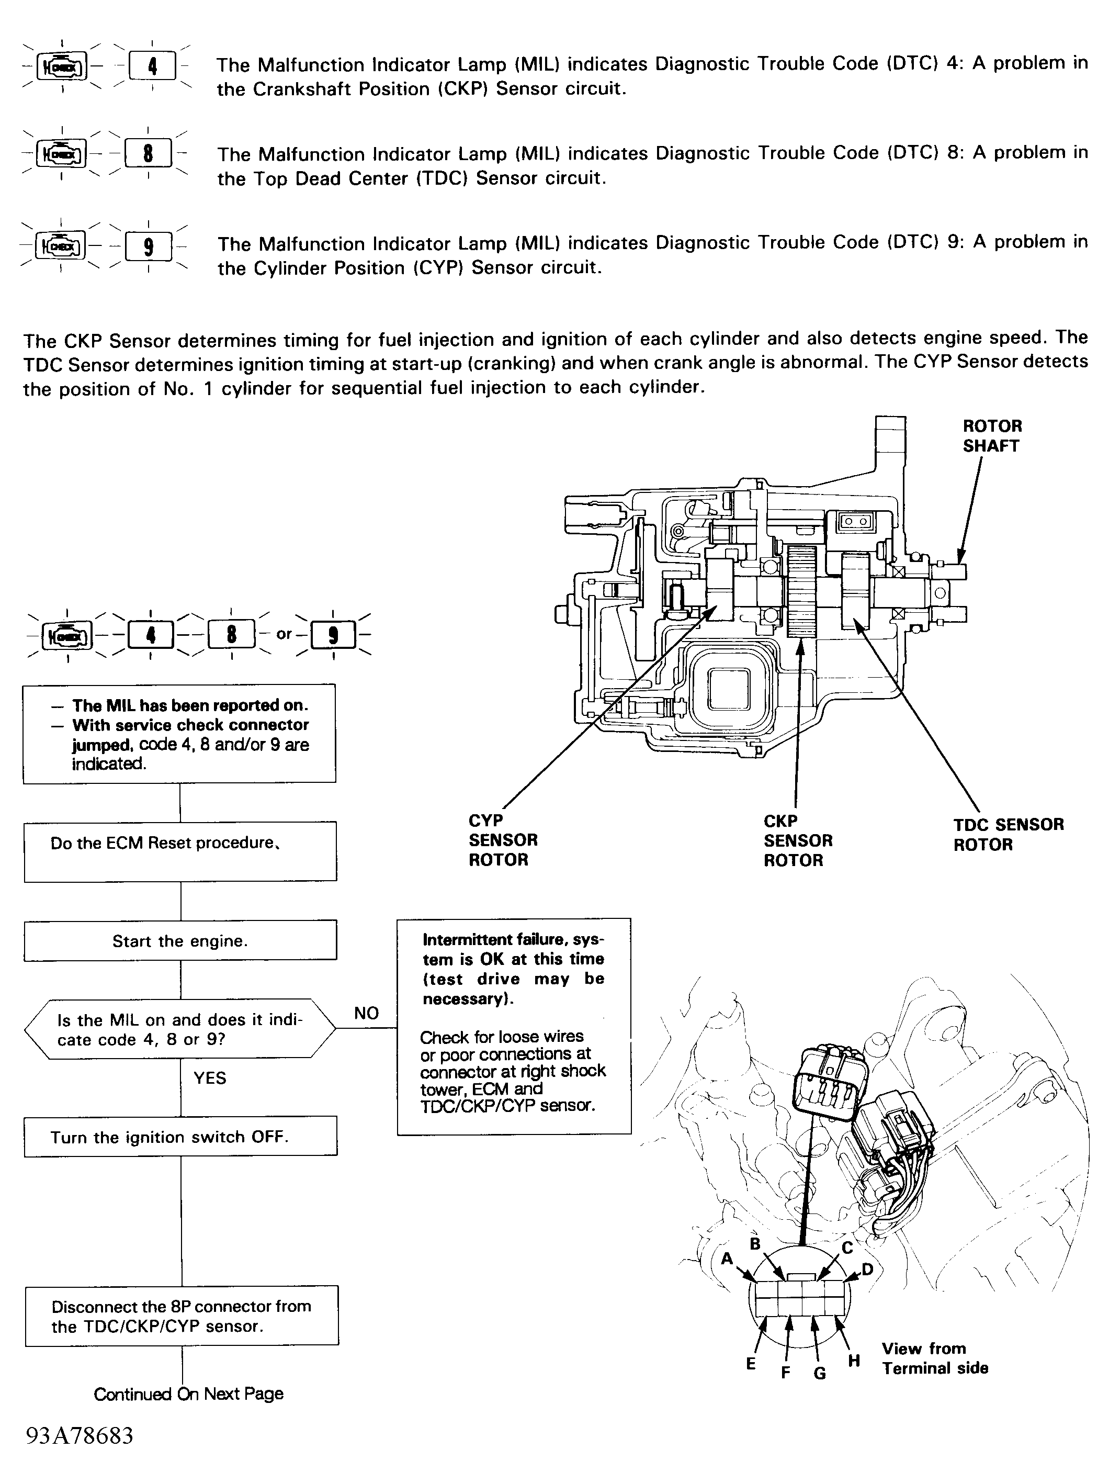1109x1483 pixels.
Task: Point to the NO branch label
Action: click(x=366, y=1013)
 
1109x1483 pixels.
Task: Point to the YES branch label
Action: click(x=210, y=1078)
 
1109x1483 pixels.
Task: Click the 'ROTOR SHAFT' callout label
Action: click(x=992, y=436)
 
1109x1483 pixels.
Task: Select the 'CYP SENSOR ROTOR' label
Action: click(x=503, y=840)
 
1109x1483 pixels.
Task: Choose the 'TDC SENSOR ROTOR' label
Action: click(x=1008, y=834)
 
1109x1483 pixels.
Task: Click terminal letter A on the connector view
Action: click(x=727, y=1259)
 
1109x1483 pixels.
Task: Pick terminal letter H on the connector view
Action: click(x=854, y=1361)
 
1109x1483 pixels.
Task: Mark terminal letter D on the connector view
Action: click(x=867, y=1269)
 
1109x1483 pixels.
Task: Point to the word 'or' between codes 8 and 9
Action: click(x=284, y=634)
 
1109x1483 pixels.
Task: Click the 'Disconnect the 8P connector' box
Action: click(x=181, y=1316)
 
